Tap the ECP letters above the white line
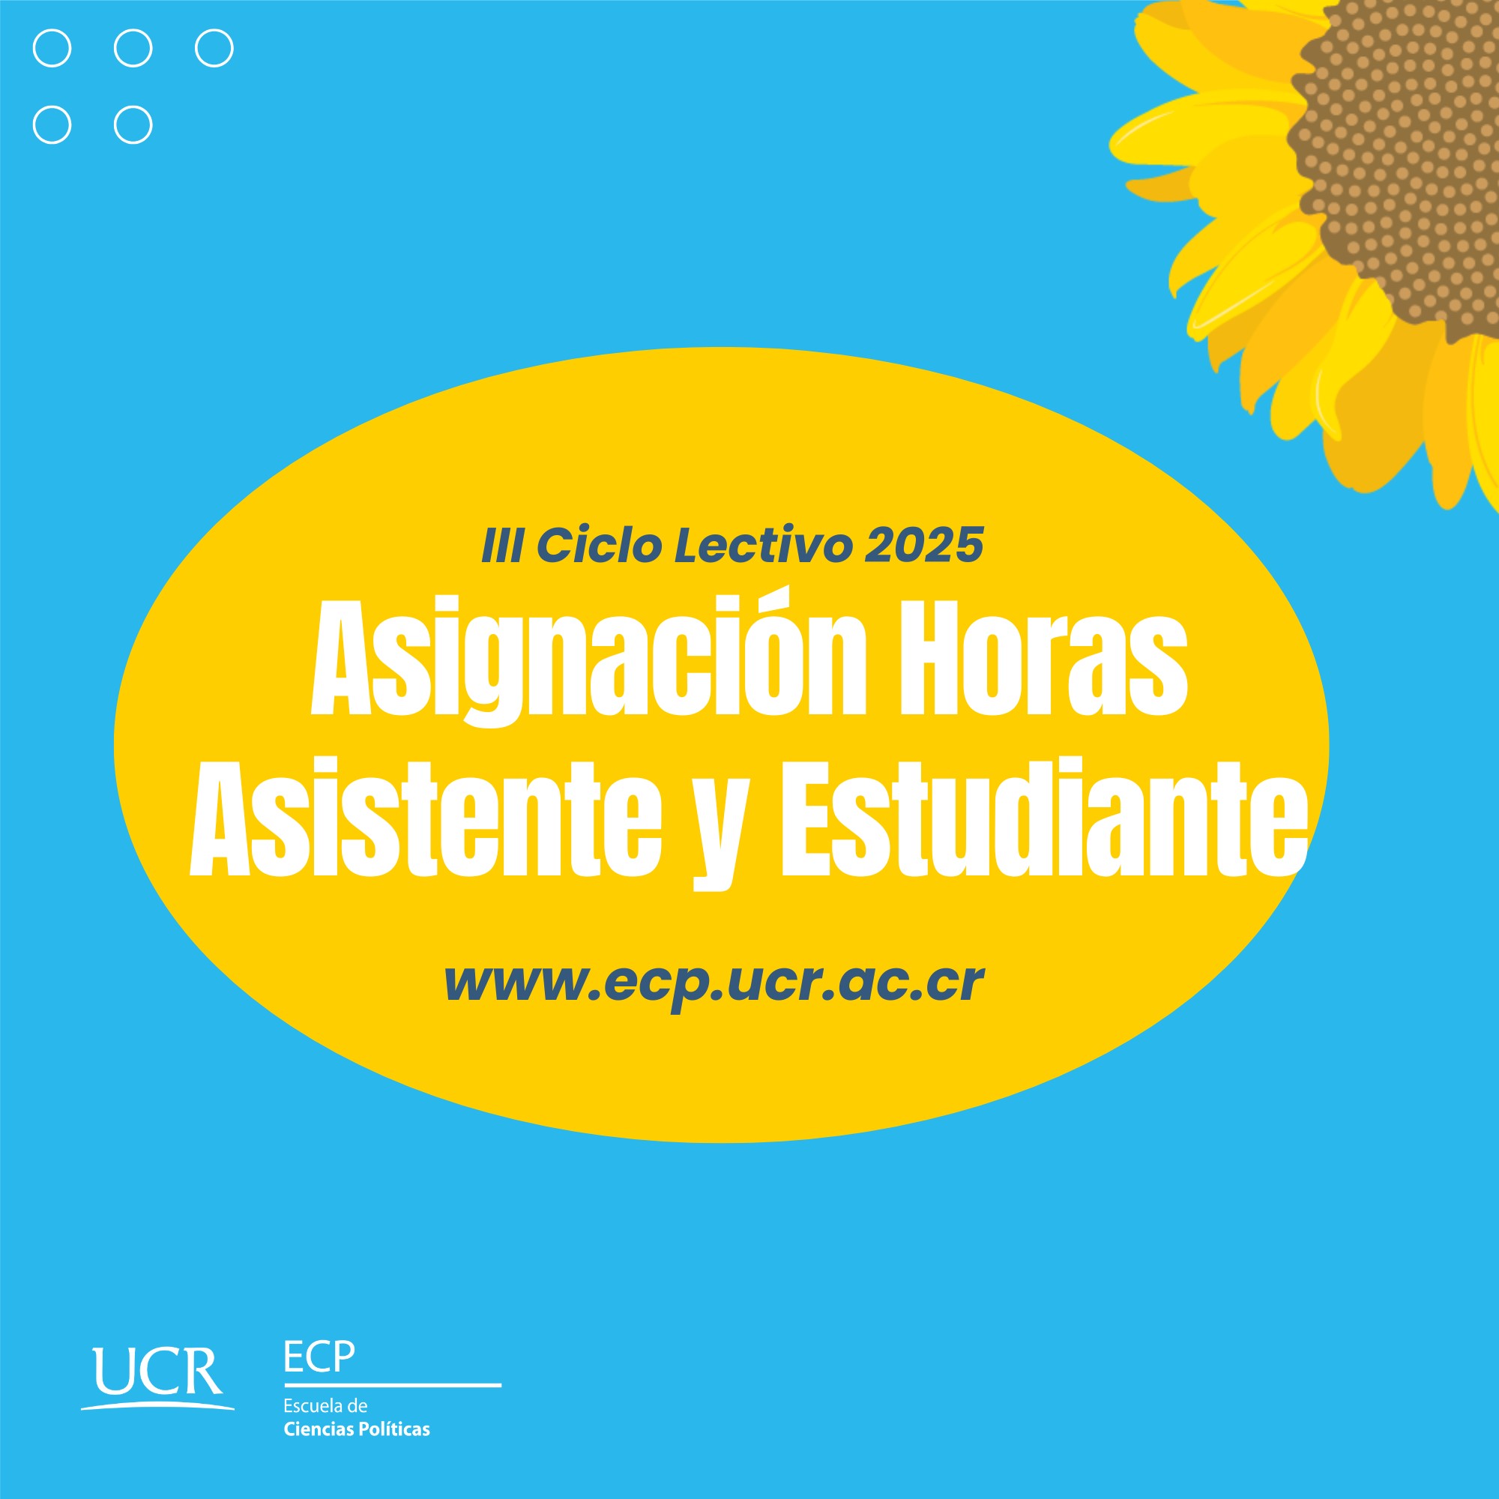(x=319, y=1357)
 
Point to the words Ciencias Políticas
(x=357, y=1429)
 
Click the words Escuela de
(x=325, y=1405)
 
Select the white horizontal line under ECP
(x=393, y=1385)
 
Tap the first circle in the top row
(x=52, y=48)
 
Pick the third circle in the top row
(x=214, y=48)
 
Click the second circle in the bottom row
(x=133, y=125)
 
